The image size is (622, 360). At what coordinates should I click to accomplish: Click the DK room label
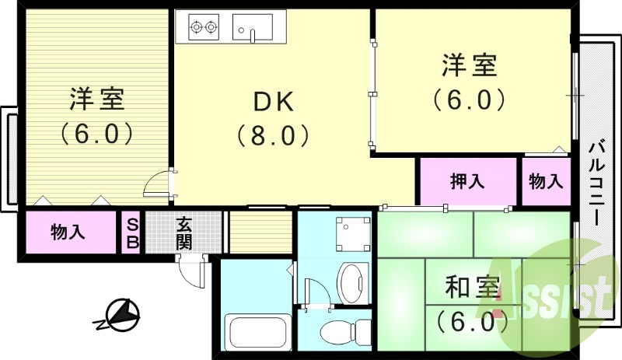pos(272,102)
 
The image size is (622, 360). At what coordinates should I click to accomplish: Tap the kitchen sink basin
pos(253,28)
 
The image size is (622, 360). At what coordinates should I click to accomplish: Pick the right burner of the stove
pos(212,29)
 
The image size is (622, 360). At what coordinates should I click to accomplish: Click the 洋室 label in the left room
pos(96,100)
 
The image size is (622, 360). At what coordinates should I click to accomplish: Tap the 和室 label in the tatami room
pos(471,288)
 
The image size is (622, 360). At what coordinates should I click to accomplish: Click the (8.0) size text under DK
pos(273,136)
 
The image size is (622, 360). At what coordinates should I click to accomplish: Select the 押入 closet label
pos(467,181)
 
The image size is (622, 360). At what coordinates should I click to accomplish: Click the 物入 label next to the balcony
pos(545,181)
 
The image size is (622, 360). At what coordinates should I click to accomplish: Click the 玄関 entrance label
pos(184,232)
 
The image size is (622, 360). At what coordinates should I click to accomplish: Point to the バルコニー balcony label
pos(596,183)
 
